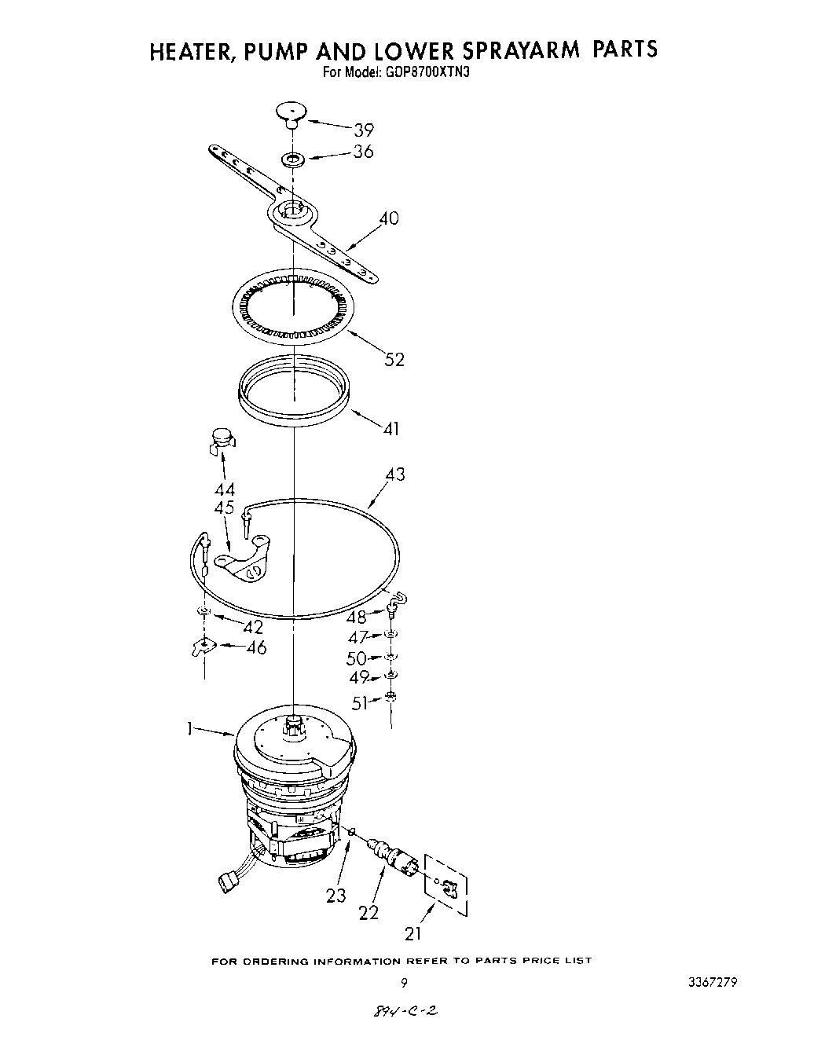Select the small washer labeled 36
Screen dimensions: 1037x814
(293, 160)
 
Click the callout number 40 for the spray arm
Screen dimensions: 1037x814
(388, 218)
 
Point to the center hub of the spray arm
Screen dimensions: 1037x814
(293, 211)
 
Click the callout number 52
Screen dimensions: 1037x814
(394, 359)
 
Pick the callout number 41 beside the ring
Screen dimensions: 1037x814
(390, 429)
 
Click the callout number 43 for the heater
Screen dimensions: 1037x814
(394, 475)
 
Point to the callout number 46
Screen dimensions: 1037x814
(255, 647)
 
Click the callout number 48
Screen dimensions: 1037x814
(357, 617)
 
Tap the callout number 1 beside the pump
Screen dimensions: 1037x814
(189, 729)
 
